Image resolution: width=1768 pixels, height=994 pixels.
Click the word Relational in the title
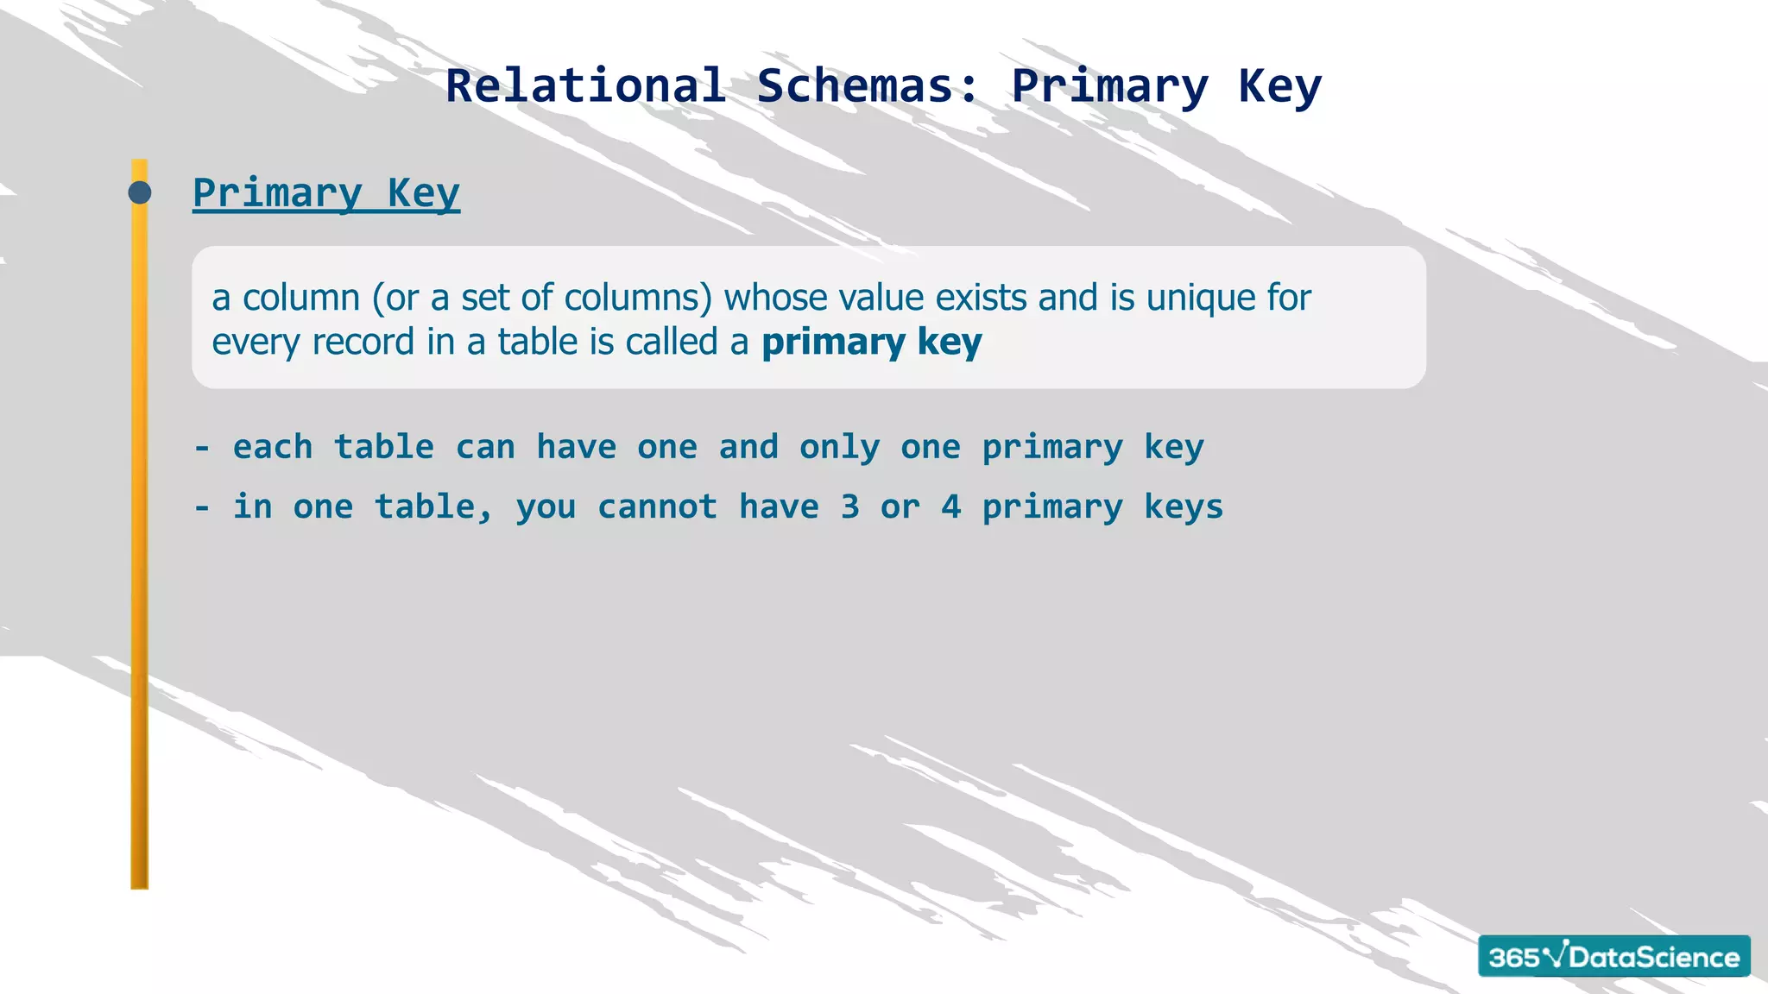[585, 86]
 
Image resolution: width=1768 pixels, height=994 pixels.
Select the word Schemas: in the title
[868, 86]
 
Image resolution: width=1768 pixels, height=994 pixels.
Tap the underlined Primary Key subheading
[326, 193]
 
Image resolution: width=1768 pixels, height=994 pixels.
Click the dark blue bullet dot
[140, 192]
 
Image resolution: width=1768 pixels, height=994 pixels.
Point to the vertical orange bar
[140, 561]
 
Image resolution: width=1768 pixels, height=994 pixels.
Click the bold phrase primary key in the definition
[871, 343]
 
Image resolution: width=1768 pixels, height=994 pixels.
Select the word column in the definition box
[301, 298]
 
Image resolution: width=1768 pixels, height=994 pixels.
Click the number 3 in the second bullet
[850, 506]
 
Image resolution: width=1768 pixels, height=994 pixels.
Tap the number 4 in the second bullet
[950, 506]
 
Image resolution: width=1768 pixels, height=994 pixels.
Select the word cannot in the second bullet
[657, 506]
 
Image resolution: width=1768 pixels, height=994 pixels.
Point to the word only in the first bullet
[839, 448]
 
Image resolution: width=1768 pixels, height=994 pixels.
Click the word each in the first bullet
[273, 447]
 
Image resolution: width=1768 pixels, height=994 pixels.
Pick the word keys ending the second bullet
[1184, 506]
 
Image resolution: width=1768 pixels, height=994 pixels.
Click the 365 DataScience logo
[1613, 956]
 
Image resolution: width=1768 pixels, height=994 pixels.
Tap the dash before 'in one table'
[202, 507]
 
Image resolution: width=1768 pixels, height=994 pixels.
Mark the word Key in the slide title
[1279, 86]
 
